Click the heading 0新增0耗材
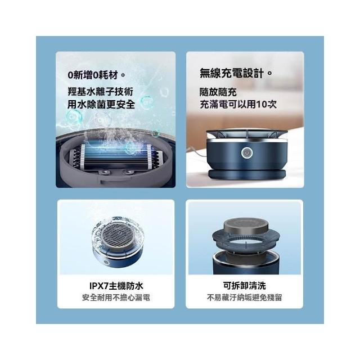[x=96, y=75]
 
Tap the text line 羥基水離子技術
[x=101, y=92]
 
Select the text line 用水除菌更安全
[x=101, y=105]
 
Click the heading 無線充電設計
[x=236, y=74]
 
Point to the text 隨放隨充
[x=218, y=92]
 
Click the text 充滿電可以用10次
[x=238, y=105]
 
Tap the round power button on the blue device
[x=247, y=153]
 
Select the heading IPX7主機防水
[x=116, y=286]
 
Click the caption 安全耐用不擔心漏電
[x=116, y=298]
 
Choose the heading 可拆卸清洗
[x=244, y=286]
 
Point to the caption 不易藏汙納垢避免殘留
[x=244, y=298]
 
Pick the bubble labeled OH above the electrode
[x=102, y=120]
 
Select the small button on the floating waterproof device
[x=106, y=263]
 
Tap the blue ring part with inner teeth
[x=246, y=240]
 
